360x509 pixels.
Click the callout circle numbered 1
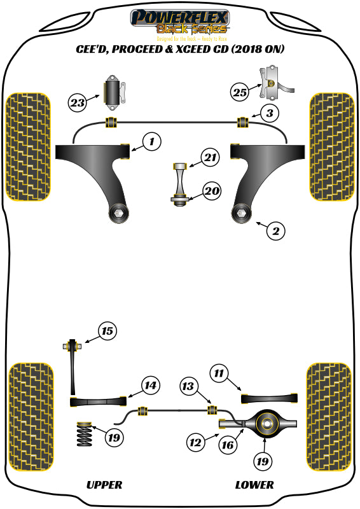point(151,142)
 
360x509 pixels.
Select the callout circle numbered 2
point(275,231)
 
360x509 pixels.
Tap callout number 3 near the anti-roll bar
point(270,114)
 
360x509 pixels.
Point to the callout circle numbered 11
point(219,373)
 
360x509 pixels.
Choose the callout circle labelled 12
point(196,439)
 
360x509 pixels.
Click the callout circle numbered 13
point(188,386)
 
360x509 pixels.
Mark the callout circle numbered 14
point(149,386)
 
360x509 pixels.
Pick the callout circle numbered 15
point(107,331)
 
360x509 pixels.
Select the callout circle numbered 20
point(211,189)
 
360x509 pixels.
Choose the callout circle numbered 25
point(239,92)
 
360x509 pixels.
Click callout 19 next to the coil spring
point(114,437)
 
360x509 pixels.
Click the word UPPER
point(104,485)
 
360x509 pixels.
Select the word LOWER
point(254,485)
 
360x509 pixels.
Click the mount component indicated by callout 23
point(114,93)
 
